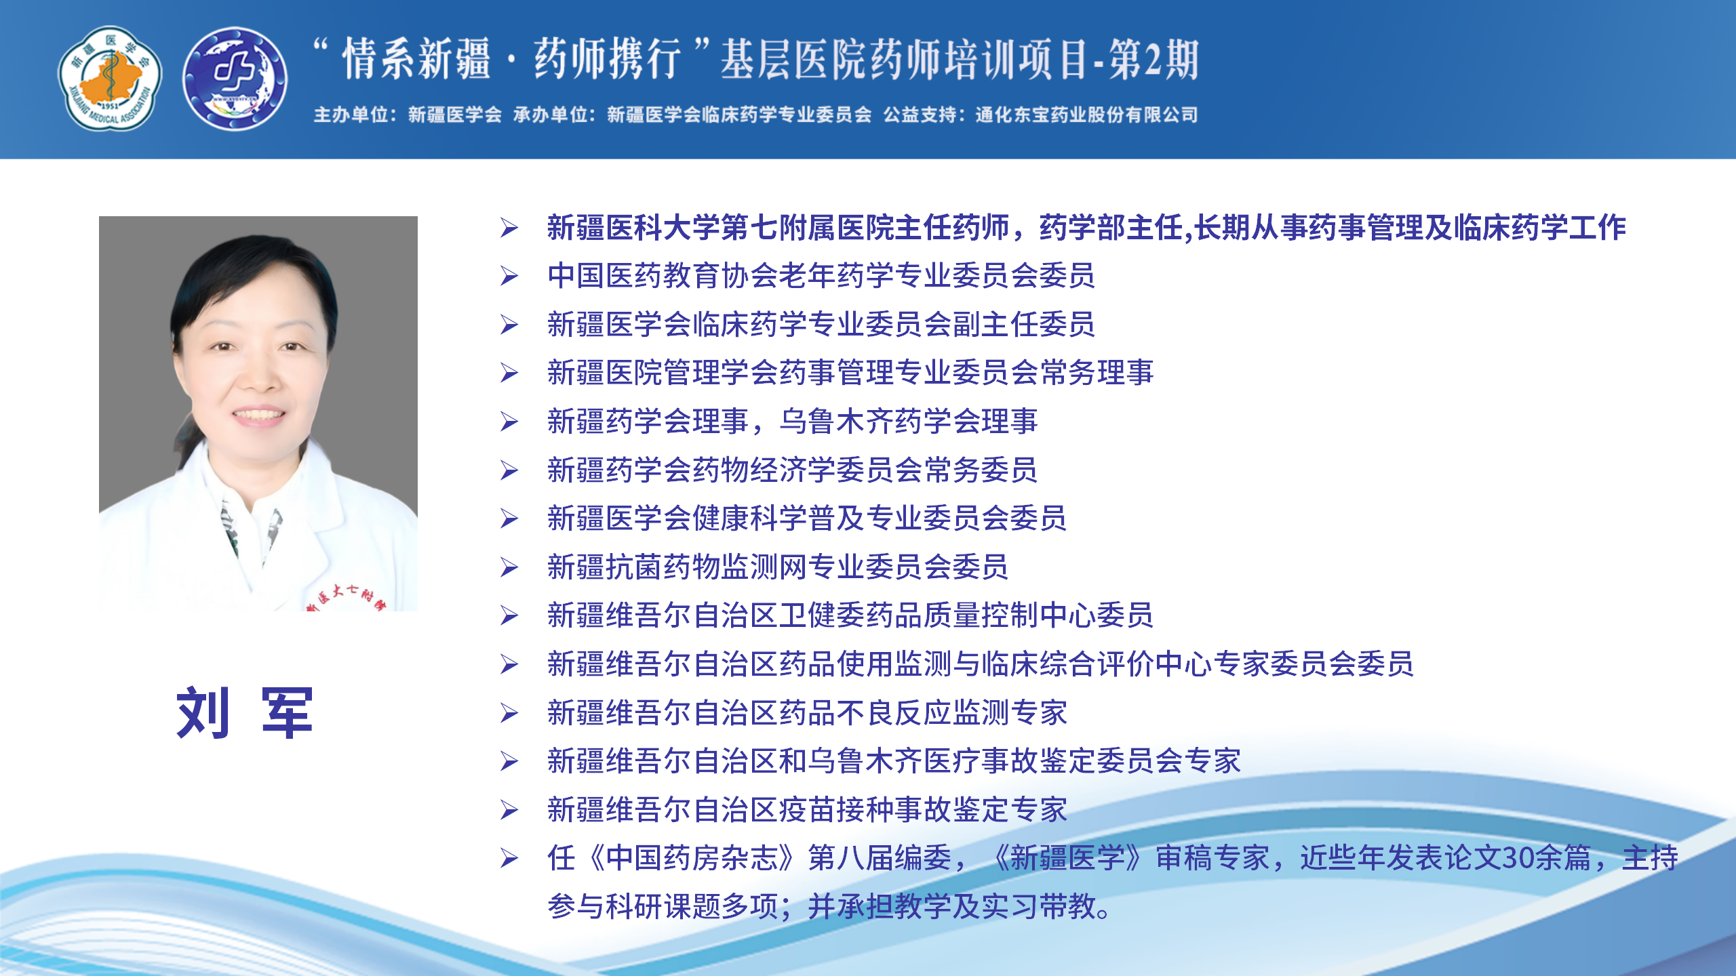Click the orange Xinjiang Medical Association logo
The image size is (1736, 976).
110,79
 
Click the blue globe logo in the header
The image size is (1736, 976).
235,79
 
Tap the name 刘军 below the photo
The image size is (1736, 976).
245,712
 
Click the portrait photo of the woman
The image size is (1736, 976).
258,413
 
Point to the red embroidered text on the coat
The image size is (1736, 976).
346,596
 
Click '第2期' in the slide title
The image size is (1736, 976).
1153,60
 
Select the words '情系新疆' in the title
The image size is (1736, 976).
416,60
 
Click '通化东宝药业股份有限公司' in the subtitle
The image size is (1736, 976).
1086,115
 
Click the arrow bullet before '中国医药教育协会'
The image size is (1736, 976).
509,276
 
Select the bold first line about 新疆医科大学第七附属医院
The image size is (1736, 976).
1086,227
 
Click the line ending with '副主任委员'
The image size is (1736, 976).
821,324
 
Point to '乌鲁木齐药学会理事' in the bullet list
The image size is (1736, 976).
909,421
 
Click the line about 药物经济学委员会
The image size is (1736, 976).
792,470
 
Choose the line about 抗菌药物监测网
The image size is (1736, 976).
778,567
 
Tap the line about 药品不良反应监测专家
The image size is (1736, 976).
807,712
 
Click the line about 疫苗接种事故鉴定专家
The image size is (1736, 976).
807,809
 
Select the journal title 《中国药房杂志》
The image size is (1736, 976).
692,858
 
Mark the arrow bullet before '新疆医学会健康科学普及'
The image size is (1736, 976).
509,518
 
